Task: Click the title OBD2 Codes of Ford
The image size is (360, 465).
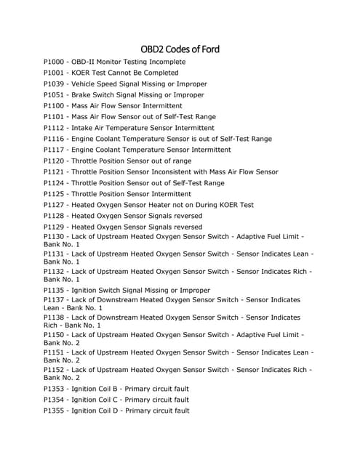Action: (180, 49)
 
